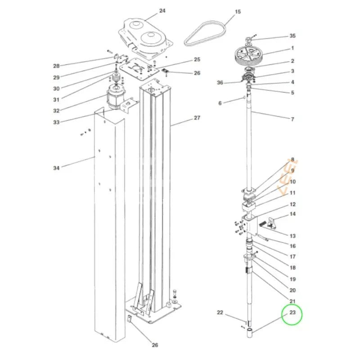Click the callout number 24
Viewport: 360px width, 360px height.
click(x=162, y=11)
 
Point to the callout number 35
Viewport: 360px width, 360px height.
click(x=292, y=36)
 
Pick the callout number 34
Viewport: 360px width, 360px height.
click(x=56, y=168)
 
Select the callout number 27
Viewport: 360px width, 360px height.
click(x=197, y=118)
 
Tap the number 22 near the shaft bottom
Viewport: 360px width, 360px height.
click(x=220, y=312)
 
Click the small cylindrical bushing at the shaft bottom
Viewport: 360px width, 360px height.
click(x=250, y=333)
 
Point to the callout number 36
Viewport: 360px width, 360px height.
click(x=220, y=83)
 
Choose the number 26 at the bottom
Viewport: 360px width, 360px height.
click(x=155, y=345)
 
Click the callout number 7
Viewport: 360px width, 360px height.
click(x=292, y=119)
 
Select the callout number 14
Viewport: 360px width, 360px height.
click(x=292, y=214)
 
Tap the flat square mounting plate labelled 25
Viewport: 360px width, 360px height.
click(x=139, y=69)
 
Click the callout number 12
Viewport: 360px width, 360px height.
click(x=292, y=204)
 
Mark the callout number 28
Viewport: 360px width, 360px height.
click(x=56, y=66)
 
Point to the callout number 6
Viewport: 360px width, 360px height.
click(x=220, y=103)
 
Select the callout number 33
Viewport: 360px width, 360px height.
click(x=56, y=122)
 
